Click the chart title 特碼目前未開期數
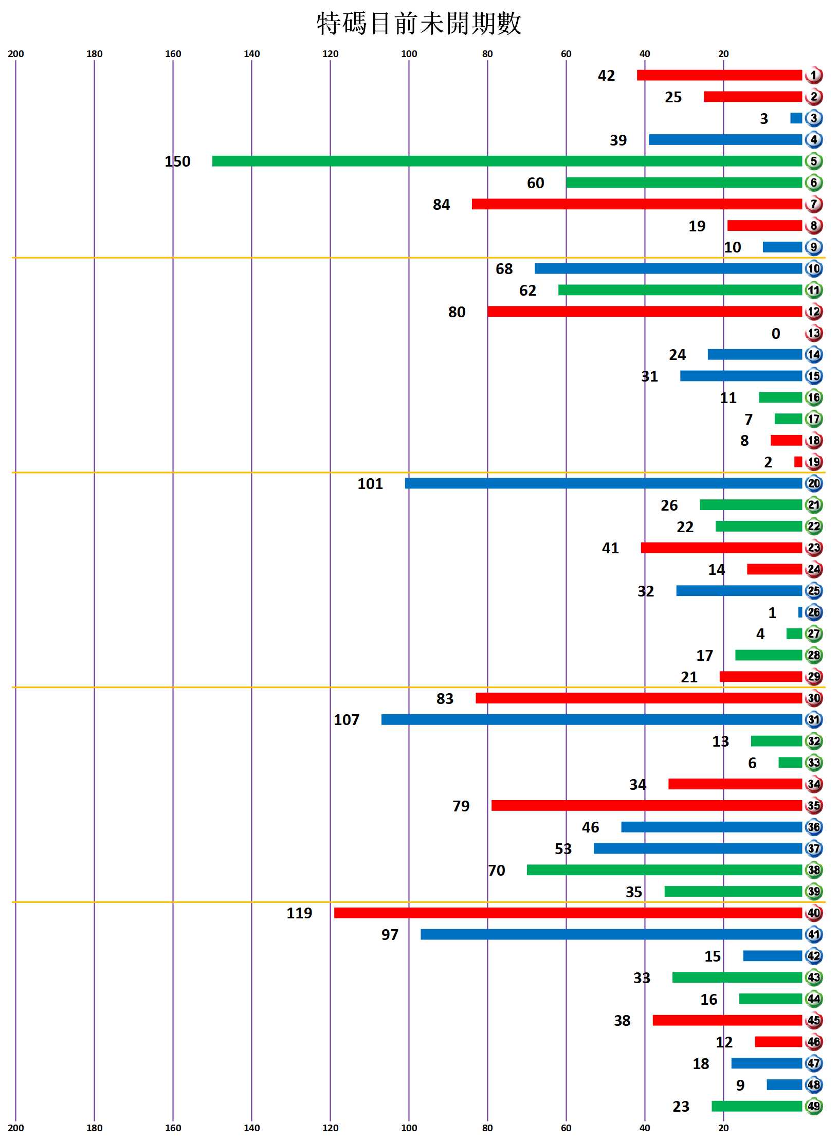[418, 24]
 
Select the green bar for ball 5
[507, 161]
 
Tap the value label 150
[177, 161]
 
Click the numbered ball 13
[813, 333]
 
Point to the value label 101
[370, 484]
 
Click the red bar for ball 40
[568, 913]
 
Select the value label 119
[299, 913]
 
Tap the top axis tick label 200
[16, 54]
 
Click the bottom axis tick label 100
[409, 1128]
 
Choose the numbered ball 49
[813, 1106]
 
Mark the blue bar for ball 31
[591, 719]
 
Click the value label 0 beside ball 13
[776, 334]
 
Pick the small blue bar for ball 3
[796, 118]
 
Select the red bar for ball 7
[636, 204]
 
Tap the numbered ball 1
[813, 76]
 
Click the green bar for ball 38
[664, 870]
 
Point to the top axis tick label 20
[723, 54]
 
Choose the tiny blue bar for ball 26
[800, 612]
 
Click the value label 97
[390, 934]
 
